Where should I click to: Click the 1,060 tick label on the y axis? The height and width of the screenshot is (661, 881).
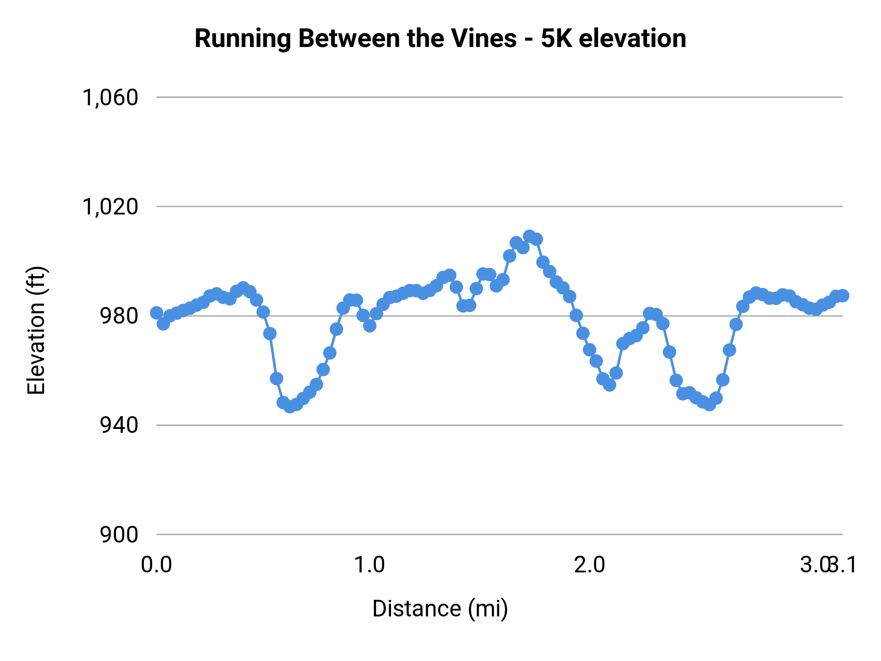(x=110, y=98)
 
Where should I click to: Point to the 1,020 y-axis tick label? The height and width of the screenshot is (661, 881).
(x=110, y=207)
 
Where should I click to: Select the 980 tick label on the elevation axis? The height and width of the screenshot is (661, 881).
(x=119, y=316)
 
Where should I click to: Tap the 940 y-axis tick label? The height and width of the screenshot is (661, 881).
(x=119, y=425)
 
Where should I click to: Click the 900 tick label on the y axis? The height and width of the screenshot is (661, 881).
(x=119, y=535)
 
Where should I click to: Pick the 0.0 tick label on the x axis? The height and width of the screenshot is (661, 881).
(x=156, y=565)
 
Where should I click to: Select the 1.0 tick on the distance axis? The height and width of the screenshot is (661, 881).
(x=370, y=565)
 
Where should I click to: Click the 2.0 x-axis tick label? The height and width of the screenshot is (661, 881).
(x=589, y=565)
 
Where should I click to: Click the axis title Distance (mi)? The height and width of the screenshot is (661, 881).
(x=440, y=609)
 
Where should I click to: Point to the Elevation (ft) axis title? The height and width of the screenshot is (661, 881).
(x=36, y=330)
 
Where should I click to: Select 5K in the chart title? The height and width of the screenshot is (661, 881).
(x=556, y=38)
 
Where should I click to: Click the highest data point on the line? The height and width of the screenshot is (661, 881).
(x=530, y=236)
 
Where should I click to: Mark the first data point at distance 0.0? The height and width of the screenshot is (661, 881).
(x=157, y=313)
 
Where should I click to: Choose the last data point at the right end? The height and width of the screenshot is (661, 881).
(x=843, y=296)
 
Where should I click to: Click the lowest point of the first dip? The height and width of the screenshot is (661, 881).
(x=290, y=406)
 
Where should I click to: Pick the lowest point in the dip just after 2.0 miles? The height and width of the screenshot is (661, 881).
(x=609, y=385)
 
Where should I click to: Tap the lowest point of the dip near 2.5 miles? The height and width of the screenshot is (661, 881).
(x=709, y=404)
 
